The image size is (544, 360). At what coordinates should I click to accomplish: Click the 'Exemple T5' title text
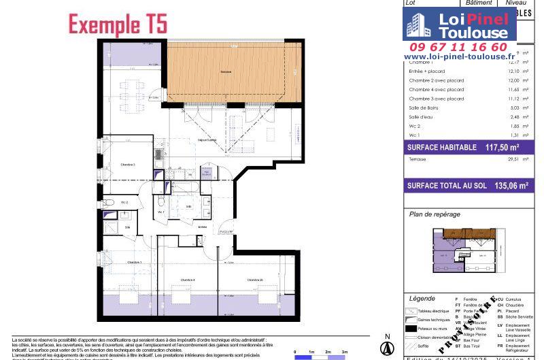(x=117, y=24)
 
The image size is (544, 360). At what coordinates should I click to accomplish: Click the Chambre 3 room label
(x=128, y=165)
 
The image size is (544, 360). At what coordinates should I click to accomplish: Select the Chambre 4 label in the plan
(x=188, y=280)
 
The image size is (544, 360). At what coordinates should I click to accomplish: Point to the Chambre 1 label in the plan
(x=133, y=262)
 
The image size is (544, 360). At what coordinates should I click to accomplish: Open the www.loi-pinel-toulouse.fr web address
(x=460, y=56)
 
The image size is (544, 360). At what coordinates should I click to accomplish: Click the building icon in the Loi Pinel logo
(x=417, y=27)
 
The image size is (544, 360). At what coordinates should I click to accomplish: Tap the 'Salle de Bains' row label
(x=423, y=107)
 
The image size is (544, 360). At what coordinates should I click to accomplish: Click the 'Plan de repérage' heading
(x=435, y=214)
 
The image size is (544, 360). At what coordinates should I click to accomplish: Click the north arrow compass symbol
(x=386, y=346)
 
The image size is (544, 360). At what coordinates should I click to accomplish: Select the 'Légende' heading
(x=422, y=299)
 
